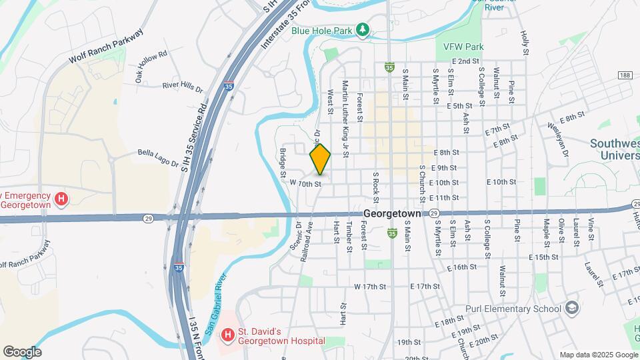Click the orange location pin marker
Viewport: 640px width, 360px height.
click(x=320, y=159)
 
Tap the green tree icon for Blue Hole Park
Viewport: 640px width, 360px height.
click(x=362, y=29)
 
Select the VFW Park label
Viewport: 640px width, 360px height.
click(x=459, y=47)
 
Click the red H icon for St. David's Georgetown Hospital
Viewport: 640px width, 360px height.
click(x=227, y=333)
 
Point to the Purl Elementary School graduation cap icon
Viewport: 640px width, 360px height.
click(x=571, y=309)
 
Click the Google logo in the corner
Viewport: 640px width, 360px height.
click(x=22, y=352)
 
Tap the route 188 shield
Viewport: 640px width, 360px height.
click(x=625, y=76)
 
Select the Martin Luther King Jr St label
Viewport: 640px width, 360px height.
click(x=345, y=119)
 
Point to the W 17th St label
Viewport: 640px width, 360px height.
click(x=371, y=287)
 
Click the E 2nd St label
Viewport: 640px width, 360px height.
click(x=465, y=61)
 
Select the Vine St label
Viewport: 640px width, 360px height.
click(x=591, y=229)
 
